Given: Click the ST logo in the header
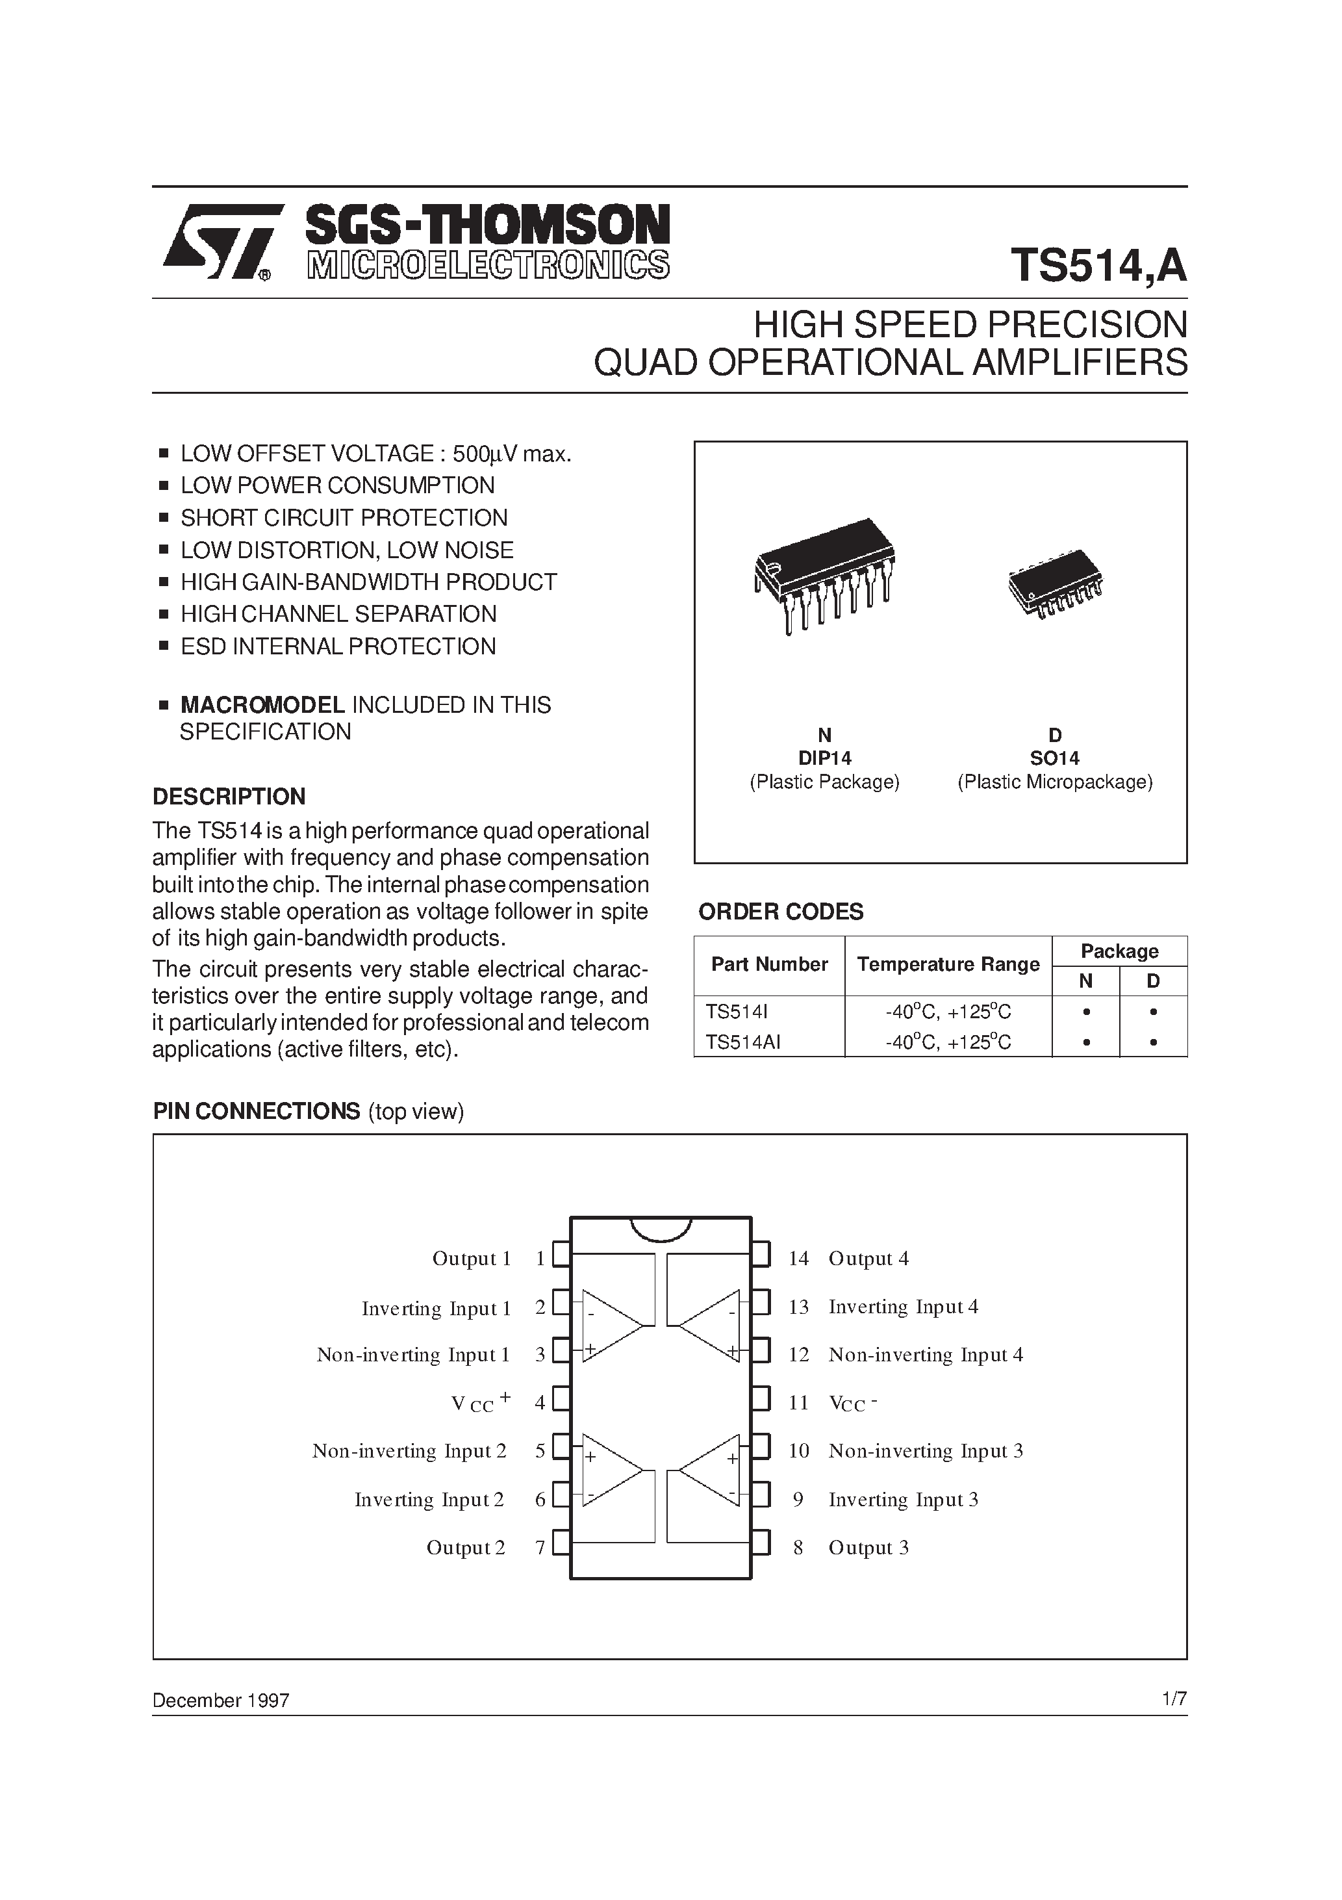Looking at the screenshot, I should click(218, 242).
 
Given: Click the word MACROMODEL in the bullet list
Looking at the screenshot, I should click(262, 705).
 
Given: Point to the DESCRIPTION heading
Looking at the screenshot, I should click(229, 796).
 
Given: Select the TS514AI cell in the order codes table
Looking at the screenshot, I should click(743, 1043).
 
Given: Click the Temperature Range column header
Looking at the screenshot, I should click(948, 964).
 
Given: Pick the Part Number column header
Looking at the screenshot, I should click(770, 964).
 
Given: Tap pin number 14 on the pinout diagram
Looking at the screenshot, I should click(798, 1259).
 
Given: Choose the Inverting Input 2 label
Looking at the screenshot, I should click(429, 1500).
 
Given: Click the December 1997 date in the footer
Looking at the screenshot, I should click(221, 1701).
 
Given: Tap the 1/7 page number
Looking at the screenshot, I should click(1174, 1699).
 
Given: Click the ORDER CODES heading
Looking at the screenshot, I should click(780, 912).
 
